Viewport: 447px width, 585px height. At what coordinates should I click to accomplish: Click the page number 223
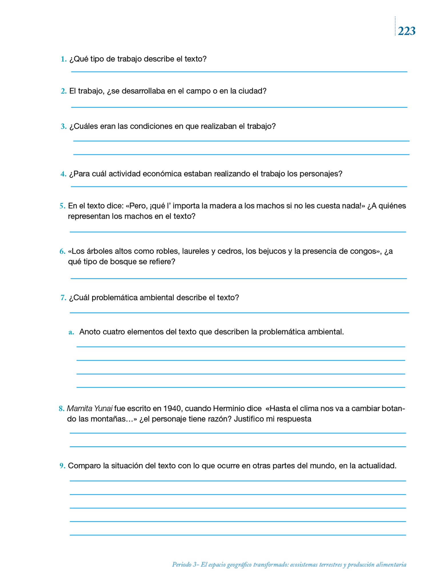coord(406,31)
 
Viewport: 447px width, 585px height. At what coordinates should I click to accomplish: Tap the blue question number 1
coord(63,59)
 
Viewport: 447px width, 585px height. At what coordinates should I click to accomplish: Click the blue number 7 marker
coord(63,298)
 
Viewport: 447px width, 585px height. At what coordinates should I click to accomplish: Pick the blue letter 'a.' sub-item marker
coord(71,332)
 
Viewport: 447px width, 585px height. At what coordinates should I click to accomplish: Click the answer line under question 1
coord(239,71)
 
